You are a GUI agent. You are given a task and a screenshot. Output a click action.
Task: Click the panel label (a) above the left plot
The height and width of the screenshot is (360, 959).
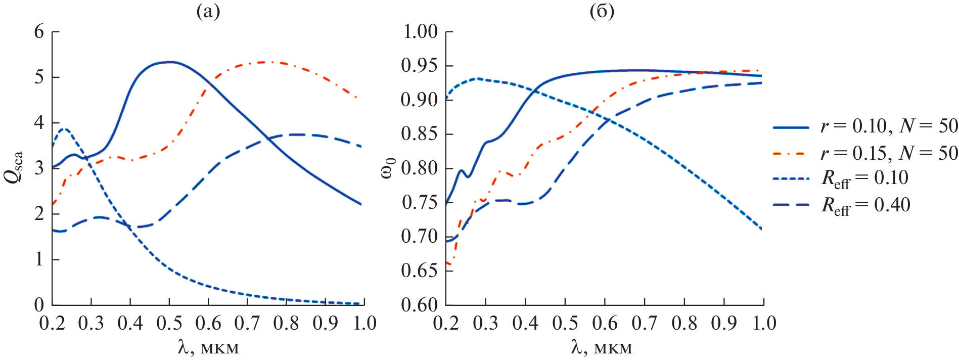(208, 11)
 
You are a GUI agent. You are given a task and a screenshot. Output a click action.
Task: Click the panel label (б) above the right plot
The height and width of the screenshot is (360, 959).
(602, 11)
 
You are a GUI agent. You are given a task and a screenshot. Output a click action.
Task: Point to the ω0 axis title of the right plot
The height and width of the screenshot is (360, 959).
(387, 168)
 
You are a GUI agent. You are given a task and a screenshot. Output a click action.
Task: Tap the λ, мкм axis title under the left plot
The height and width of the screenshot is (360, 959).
(208, 347)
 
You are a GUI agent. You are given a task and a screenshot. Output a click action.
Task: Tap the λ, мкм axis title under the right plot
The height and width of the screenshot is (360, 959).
(602, 347)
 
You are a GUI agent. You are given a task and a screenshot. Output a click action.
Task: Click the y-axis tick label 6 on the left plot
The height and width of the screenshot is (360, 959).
(39, 32)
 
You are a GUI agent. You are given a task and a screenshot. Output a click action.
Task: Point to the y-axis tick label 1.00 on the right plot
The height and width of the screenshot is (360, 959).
(420, 32)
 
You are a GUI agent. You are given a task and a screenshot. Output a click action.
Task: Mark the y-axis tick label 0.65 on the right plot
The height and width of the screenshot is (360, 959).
(420, 271)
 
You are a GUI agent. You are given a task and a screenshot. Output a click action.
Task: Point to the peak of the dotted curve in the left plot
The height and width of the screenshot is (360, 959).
(64, 129)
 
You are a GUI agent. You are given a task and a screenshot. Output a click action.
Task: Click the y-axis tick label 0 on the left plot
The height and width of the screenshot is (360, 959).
(39, 305)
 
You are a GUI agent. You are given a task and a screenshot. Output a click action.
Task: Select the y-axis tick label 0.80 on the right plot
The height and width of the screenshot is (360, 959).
(420, 168)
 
